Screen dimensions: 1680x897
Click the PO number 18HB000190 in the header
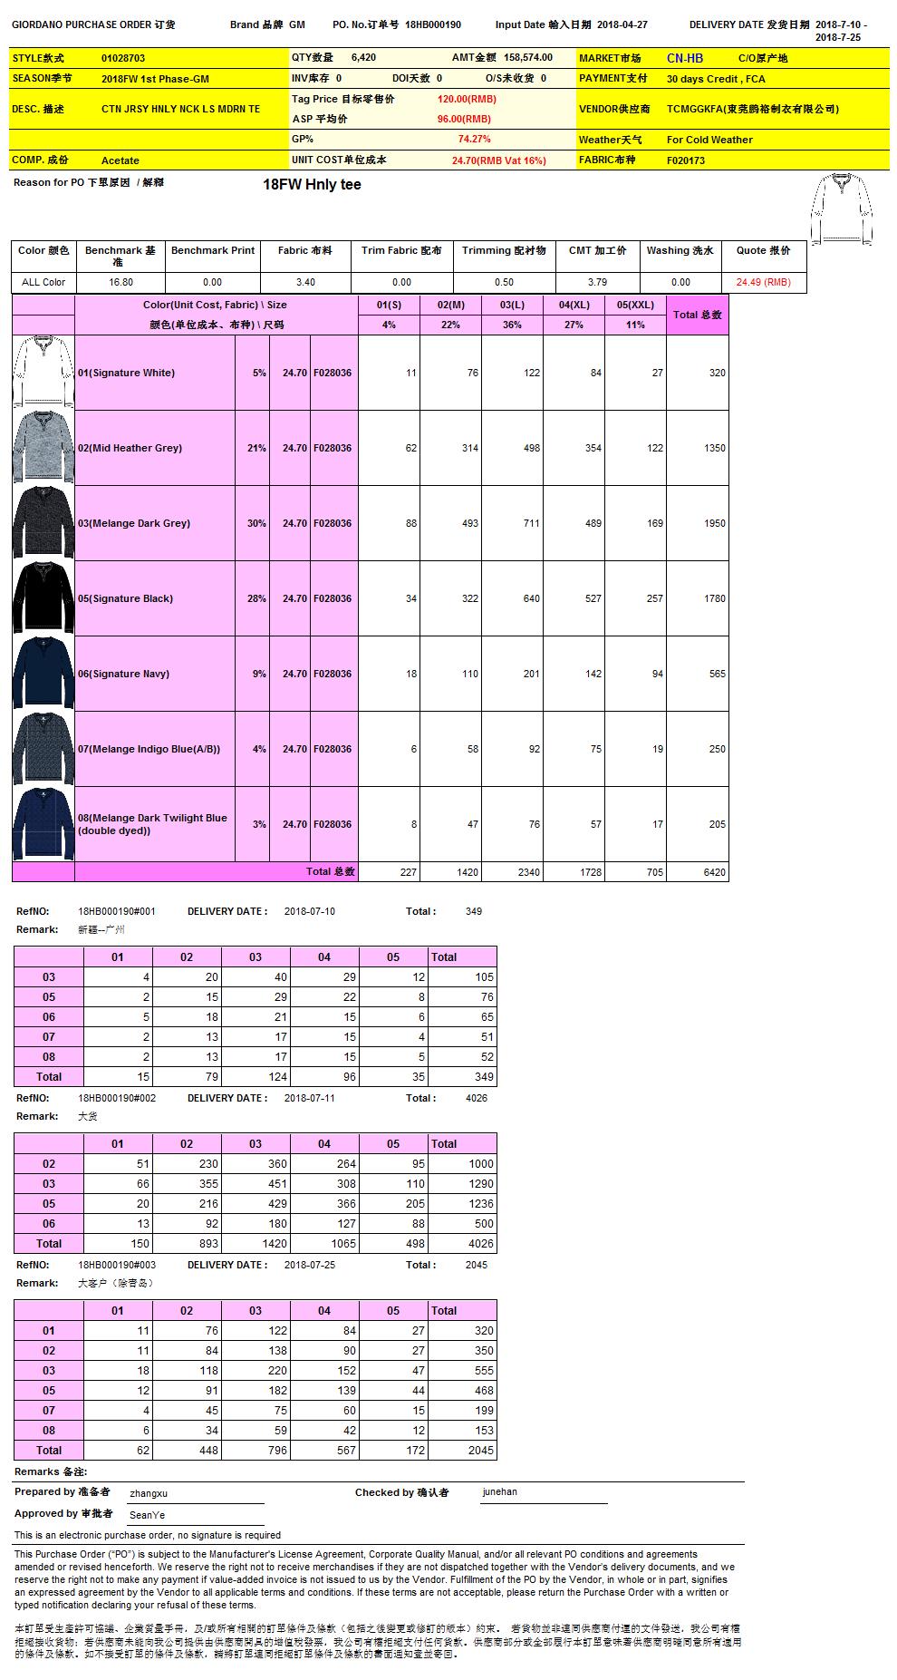click(433, 25)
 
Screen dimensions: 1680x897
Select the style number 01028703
click(123, 58)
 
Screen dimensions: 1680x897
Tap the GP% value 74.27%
click(475, 140)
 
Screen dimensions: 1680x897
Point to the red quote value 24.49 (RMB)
click(763, 282)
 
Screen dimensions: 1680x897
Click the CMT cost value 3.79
click(597, 282)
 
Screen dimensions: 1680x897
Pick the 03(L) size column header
click(512, 305)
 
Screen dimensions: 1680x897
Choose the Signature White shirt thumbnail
click(43, 373)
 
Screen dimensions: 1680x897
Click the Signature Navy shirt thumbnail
click(43, 674)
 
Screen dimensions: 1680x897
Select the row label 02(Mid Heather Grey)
click(130, 448)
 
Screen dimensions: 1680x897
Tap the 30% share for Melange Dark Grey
click(256, 523)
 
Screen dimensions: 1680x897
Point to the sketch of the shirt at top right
click(842, 209)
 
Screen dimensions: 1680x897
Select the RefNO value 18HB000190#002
click(117, 1098)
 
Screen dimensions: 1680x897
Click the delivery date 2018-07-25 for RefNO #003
click(309, 1265)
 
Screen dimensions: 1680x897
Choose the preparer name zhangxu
click(149, 1492)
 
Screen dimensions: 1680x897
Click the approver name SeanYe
click(147, 1515)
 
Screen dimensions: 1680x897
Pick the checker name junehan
click(499, 1491)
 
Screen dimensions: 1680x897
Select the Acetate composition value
click(121, 160)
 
